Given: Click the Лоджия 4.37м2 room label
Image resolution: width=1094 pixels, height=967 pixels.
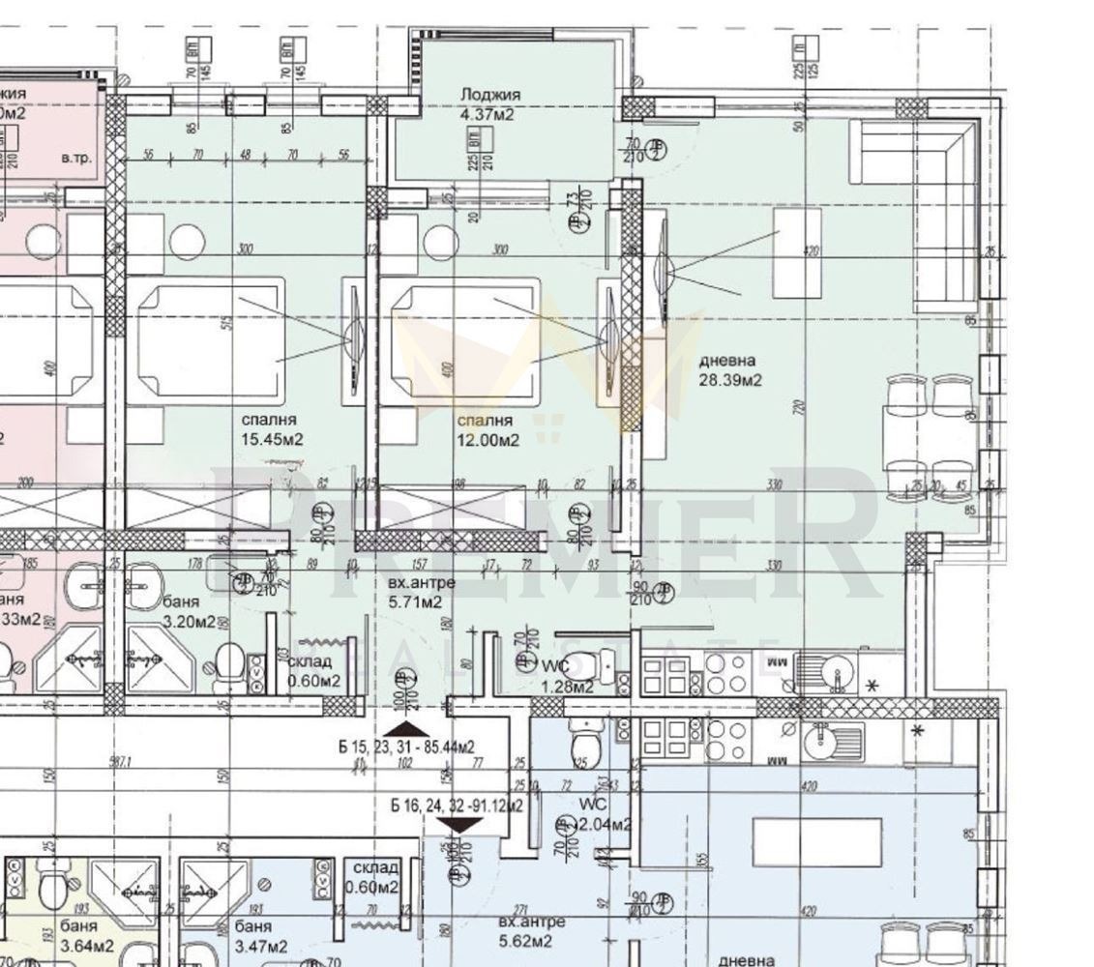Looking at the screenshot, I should [490, 104].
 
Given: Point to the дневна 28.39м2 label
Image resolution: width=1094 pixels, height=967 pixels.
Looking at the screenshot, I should [729, 370].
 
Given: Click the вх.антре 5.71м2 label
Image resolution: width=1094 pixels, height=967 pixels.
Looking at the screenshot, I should [408, 593].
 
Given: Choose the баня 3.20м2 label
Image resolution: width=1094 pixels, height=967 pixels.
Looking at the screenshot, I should [189, 611].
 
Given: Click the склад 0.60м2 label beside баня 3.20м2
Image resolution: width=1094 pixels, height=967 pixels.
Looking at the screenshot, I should [311, 671].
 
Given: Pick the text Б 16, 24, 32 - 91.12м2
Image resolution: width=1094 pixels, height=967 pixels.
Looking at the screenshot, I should [457, 804].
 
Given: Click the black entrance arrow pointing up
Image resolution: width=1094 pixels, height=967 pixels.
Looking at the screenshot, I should [406, 727].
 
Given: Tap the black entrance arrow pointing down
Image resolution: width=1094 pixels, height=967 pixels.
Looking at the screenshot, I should [460, 823].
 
